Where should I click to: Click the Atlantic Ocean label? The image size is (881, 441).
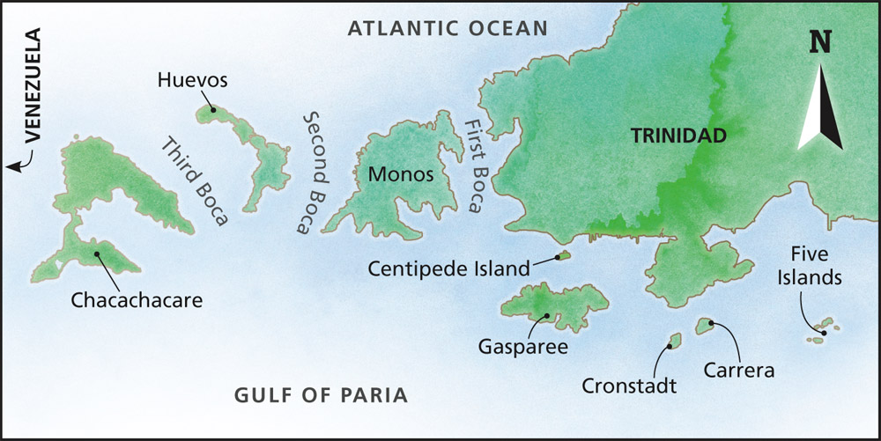coord(448,28)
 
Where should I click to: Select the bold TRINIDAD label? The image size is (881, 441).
coord(677,136)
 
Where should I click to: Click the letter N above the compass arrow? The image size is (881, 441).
coord(820,42)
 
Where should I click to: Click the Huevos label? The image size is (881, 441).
coord(193,80)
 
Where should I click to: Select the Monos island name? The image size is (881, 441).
coord(401,174)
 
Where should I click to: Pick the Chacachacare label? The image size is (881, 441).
coord(137,300)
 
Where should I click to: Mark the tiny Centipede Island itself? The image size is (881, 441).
coord(561,256)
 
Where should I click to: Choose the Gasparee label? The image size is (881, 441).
coord(522,346)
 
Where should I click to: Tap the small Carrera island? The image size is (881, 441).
coord(705,327)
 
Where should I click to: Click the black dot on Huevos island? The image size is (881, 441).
coord(211,110)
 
